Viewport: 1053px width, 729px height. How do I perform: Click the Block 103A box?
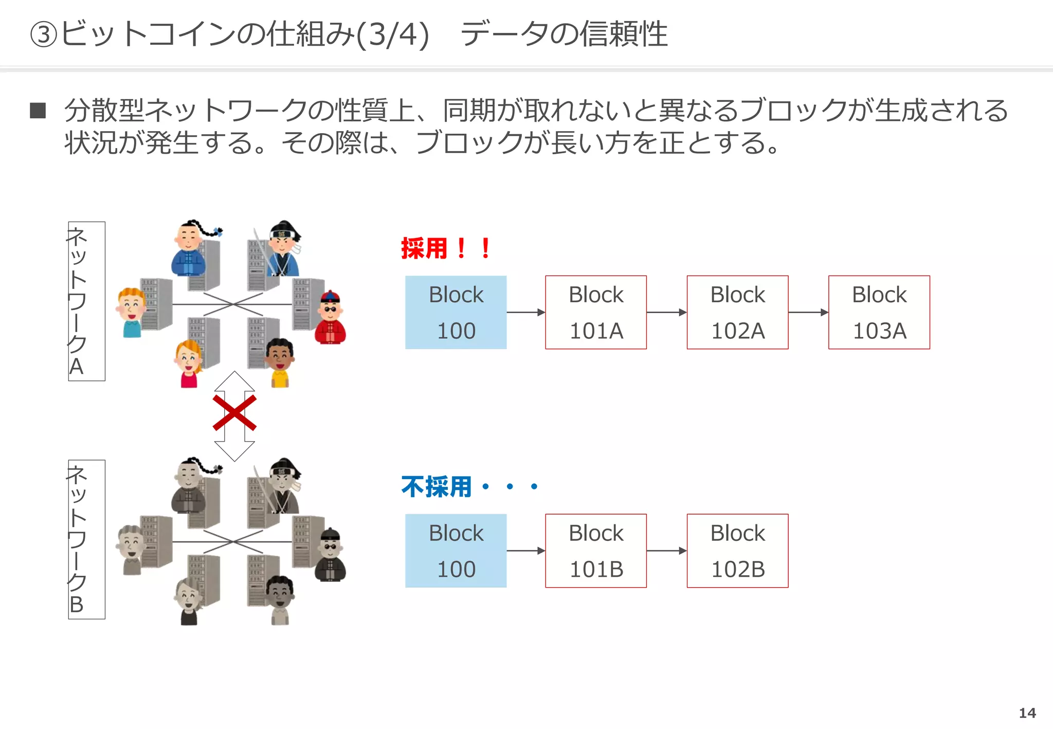tap(879, 312)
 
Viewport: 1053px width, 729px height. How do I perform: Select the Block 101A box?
tap(595, 312)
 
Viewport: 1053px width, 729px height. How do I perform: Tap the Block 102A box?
tap(737, 312)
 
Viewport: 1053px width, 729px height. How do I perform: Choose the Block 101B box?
tap(595, 551)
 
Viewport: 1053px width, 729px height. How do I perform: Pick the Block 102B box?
tap(737, 551)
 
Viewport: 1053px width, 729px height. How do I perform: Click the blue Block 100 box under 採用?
tap(456, 312)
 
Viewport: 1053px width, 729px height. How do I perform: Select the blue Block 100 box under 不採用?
tap(456, 551)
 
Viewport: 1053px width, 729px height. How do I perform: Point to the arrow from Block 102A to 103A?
tap(808, 312)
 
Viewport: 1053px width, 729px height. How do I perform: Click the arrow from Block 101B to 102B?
tap(666, 551)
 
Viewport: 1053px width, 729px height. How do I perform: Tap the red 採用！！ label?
tap(445, 249)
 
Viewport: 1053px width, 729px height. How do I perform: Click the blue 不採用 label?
tap(436, 486)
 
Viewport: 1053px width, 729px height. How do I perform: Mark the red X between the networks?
tap(234, 413)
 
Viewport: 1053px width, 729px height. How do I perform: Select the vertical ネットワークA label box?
tap(86, 301)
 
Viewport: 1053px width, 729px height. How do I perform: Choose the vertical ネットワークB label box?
tap(86, 539)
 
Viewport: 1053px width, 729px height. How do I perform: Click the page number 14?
tap(1027, 713)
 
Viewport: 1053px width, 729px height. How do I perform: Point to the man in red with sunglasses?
tap(330, 318)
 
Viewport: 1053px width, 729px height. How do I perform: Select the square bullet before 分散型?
tap(38, 111)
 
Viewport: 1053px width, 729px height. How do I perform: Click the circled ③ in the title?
tap(43, 35)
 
